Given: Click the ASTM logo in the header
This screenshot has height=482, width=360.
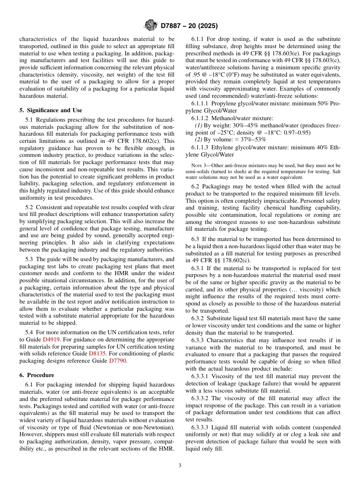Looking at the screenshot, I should tap(151, 26).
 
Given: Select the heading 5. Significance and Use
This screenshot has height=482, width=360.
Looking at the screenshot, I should tap(50, 110).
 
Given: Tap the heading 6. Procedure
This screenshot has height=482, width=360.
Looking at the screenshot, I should tap(37, 375).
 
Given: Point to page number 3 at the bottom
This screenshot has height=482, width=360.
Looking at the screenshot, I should tap(180, 466).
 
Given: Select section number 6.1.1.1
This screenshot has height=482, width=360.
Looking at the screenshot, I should tap(200, 103).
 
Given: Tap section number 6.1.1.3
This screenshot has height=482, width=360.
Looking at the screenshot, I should tap(200, 147).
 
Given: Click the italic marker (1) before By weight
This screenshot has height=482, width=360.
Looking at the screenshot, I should tap(199, 125).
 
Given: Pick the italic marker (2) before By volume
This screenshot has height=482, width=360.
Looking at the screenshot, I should tap(199, 140).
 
